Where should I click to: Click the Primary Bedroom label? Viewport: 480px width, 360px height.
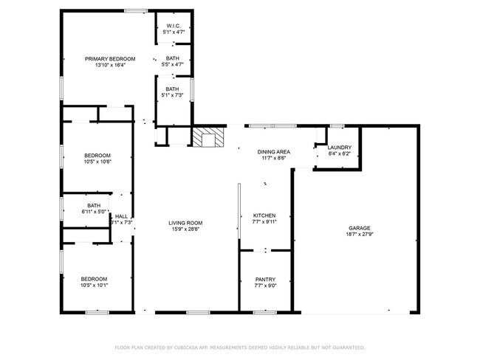point(110,59)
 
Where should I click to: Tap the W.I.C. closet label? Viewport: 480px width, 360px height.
point(174,27)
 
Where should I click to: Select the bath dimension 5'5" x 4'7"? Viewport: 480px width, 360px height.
point(172,65)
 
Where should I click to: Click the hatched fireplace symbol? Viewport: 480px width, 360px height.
point(209,137)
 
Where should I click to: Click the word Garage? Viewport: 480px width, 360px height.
point(360,228)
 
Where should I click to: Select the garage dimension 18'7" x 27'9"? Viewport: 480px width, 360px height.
point(360,235)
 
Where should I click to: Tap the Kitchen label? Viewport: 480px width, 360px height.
point(264,215)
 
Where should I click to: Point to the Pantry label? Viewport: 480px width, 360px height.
point(265,279)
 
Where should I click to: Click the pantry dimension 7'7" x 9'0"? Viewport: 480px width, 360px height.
point(265,285)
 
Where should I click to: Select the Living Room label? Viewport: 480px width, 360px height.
point(185,223)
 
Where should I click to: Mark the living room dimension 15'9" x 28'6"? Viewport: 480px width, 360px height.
point(185,229)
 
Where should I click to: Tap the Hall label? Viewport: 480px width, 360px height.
point(121,216)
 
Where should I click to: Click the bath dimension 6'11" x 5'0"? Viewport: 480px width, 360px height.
point(94,212)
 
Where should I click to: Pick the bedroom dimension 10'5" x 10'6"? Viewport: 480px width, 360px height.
point(97,162)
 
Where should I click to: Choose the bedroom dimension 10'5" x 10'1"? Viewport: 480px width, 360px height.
point(95,285)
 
